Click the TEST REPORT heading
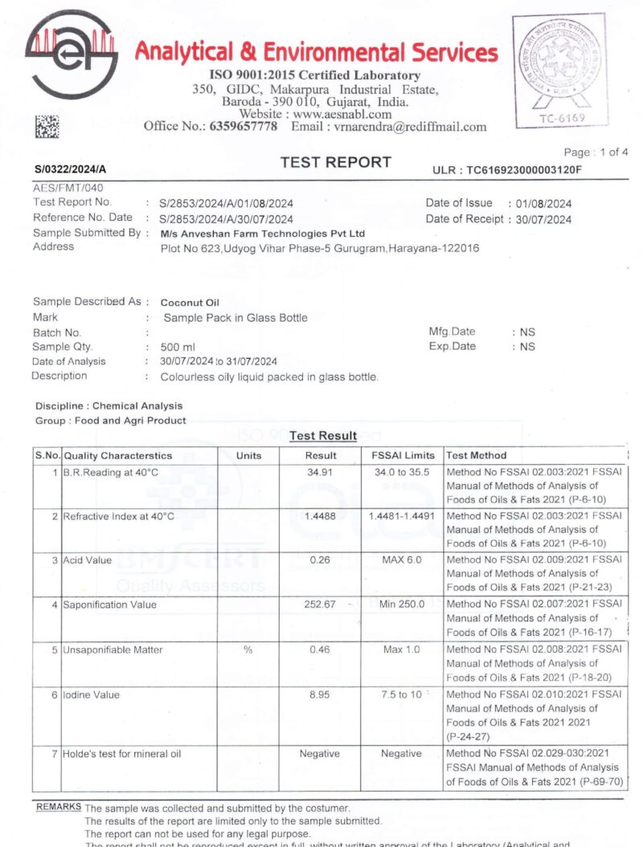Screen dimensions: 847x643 point(335,162)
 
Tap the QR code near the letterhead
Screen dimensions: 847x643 point(47,126)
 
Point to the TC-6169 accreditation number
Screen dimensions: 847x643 point(562,118)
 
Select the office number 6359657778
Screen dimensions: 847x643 point(244,126)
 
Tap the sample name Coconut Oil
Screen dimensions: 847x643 point(190,303)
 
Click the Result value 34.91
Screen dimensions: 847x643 point(320,472)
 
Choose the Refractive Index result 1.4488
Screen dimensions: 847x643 point(320,516)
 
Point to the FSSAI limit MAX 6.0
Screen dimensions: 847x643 point(401,560)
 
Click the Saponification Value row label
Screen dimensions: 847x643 point(110,605)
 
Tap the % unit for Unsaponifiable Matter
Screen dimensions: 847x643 point(248,650)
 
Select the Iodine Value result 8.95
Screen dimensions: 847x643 point(320,694)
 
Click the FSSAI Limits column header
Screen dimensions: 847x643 point(403,455)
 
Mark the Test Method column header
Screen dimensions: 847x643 point(477,455)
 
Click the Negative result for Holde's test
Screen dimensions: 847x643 point(320,754)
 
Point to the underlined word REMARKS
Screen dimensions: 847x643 point(58,806)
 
